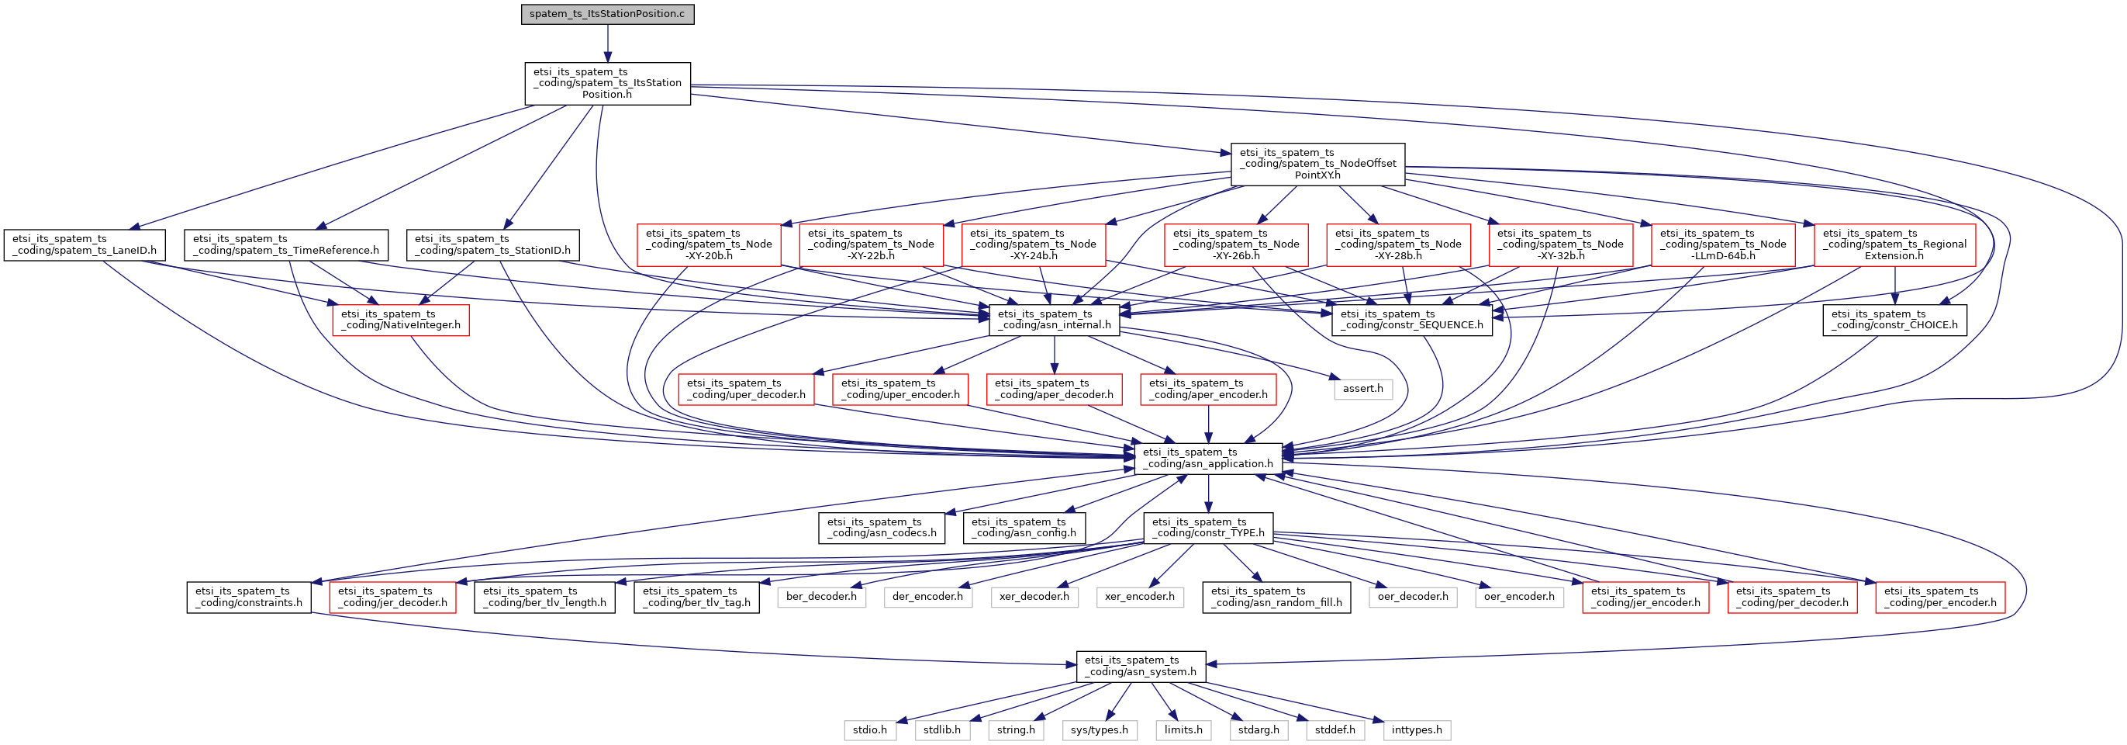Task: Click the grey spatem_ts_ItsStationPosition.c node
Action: click(x=607, y=14)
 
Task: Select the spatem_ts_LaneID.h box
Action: click(x=85, y=244)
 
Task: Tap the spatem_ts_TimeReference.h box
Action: click(x=285, y=244)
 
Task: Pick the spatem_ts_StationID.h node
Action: click(x=493, y=244)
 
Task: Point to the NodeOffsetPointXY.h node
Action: click(x=1317, y=164)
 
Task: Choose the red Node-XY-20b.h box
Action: click(x=709, y=244)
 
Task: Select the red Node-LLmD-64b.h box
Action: click(x=1722, y=244)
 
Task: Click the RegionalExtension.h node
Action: click(x=1894, y=244)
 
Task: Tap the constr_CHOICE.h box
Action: click(x=1894, y=320)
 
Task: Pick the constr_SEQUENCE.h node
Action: click(x=1411, y=320)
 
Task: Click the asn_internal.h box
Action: click(x=1054, y=320)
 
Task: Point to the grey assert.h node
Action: click(x=1362, y=388)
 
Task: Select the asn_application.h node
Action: click(x=1208, y=459)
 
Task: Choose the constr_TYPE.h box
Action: click(x=1208, y=528)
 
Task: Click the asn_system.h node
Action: click(x=1141, y=667)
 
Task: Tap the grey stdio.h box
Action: click(x=869, y=730)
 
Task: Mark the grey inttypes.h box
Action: click(x=1416, y=730)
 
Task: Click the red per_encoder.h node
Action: click(x=1939, y=597)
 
